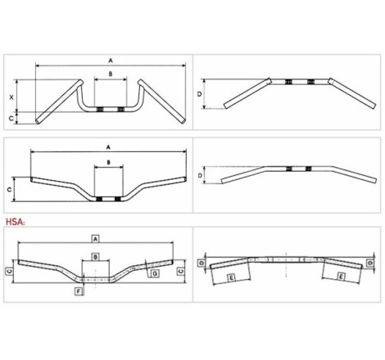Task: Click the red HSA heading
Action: pos(16,222)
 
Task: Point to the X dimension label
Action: pos(11,97)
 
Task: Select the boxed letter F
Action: pos(79,291)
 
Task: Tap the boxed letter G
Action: pos(155,273)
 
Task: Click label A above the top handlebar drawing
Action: pos(111,61)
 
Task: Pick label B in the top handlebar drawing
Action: pos(111,74)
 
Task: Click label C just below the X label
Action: pos(11,119)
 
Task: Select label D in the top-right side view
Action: pos(199,94)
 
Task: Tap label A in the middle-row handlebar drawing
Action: pos(108,147)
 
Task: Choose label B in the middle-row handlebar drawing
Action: pos(108,162)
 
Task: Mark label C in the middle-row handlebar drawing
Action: pos(9,189)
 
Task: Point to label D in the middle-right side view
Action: pos(200,175)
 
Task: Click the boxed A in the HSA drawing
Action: pos(95,239)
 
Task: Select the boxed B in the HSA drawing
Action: pos(95,257)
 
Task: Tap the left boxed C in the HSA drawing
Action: pos(9,271)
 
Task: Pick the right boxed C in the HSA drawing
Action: pos(181,271)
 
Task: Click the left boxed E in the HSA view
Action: pos(231,278)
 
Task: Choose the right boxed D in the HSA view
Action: pos(370,263)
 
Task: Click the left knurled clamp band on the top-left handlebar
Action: pos(100,110)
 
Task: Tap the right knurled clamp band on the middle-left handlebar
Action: pos(117,199)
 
